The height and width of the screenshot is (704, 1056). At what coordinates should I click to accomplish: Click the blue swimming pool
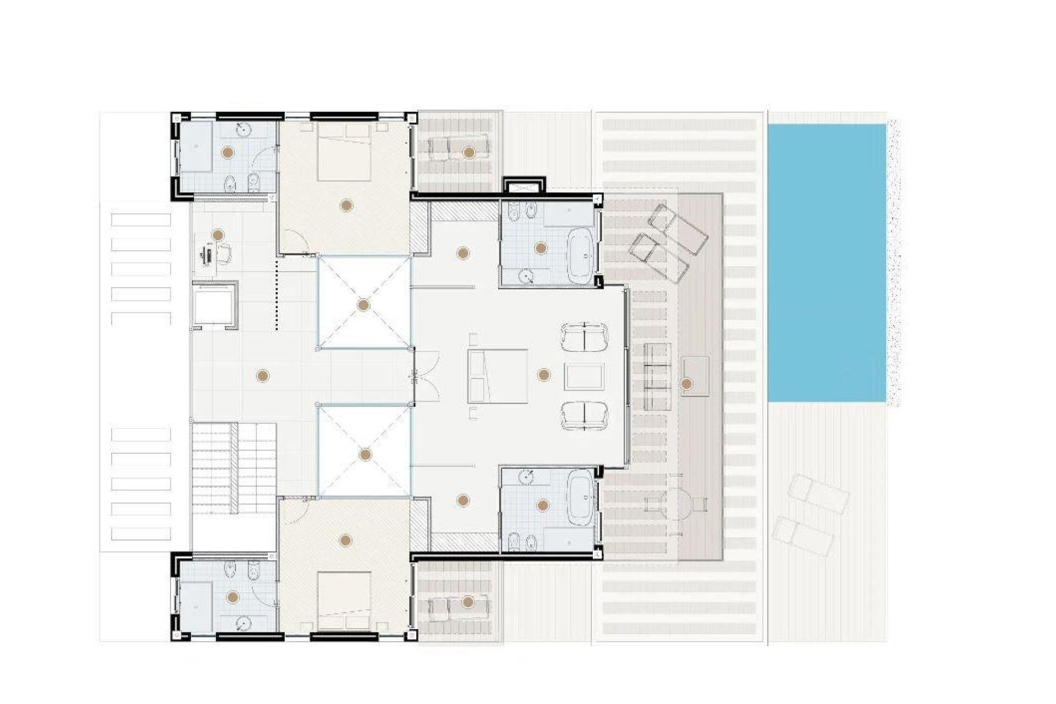826,263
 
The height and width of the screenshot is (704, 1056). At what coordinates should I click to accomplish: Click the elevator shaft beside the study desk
215,305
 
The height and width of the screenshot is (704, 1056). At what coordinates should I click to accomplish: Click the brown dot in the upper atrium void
363,305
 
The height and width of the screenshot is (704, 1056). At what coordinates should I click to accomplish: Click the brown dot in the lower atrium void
365,455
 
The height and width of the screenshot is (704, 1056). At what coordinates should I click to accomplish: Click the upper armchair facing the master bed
584,337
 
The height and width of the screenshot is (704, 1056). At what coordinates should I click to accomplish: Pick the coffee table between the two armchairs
584,377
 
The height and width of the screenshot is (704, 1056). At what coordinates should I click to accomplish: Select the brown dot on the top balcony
468,152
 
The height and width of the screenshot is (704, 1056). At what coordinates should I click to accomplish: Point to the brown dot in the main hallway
262,376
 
